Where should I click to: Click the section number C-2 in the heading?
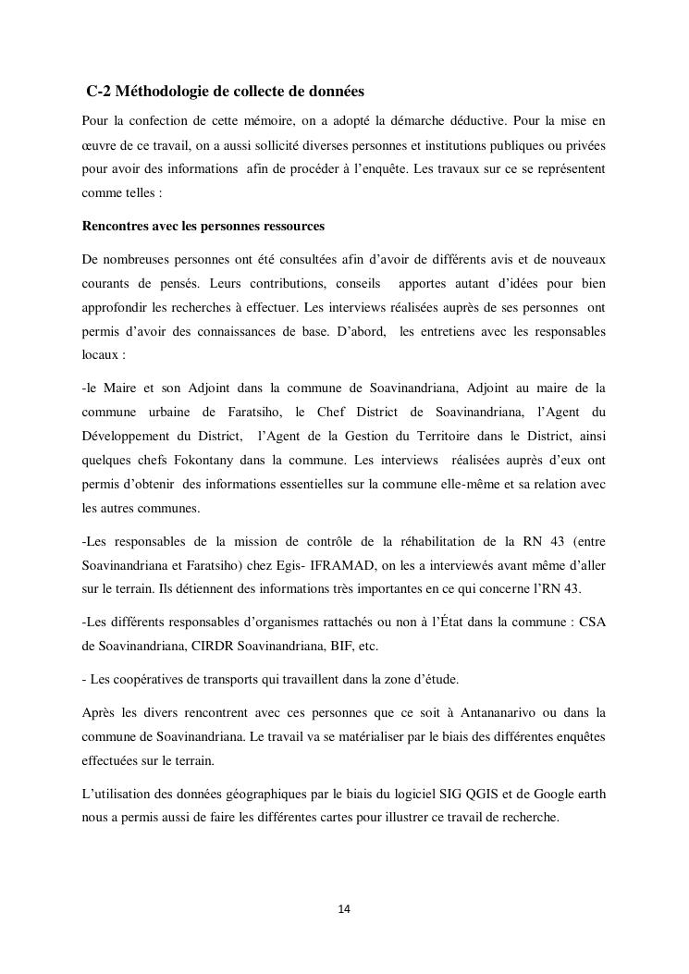[x=101, y=92]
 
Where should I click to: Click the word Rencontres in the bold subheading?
[x=117, y=226]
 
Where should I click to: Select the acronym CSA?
[x=593, y=622]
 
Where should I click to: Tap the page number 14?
[x=344, y=909]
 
